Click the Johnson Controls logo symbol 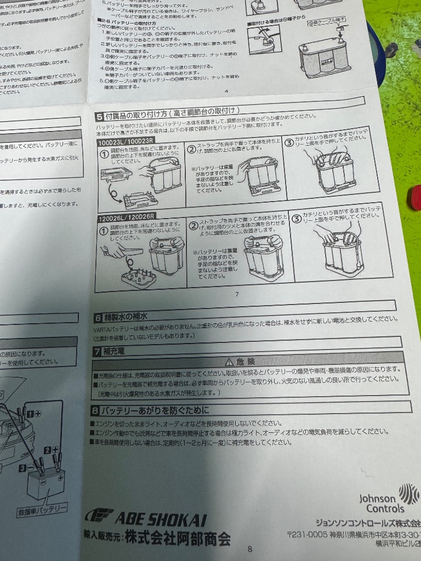coord(408,492)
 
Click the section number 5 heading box coord(99,116)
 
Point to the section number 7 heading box coord(97,351)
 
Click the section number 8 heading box coord(95,409)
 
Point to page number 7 coord(237,294)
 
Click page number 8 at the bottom coord(250,549)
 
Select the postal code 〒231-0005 coord(307,535)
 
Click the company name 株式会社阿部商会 coord(178,537)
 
